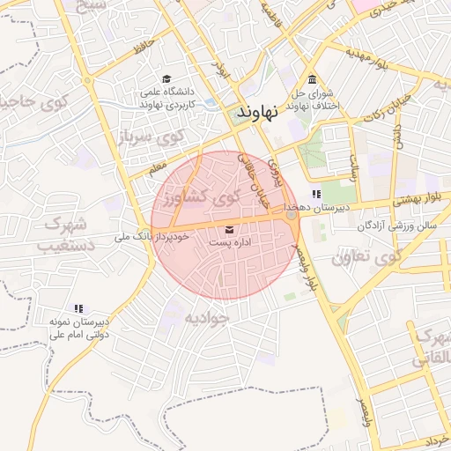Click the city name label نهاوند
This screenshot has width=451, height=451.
pos(258,112)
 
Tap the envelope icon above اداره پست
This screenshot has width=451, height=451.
pos(218,230)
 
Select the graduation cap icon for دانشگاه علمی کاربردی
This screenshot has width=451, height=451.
pos(167,79)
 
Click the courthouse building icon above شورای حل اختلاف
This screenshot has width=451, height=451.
pos(313,80)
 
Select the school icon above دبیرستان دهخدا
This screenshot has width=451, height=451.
pos(315,194)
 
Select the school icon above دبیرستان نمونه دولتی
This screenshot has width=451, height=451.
pos(78,309)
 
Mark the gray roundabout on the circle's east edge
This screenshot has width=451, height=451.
pos(292,214)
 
